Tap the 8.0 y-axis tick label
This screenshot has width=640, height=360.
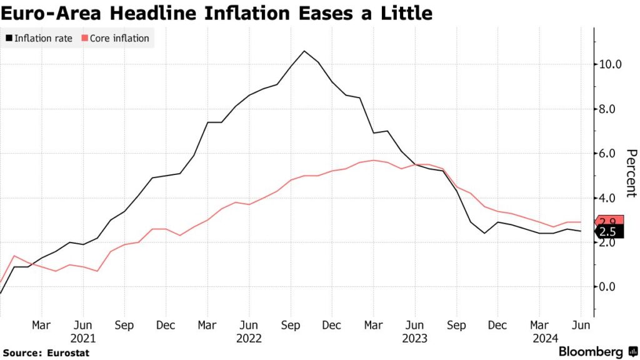click(x=606, y=109)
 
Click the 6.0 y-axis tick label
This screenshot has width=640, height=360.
click(x=606, y=153)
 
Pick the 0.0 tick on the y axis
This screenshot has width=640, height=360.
click(x=606, y=287)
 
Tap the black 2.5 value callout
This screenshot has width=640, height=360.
click(x=606, y=232)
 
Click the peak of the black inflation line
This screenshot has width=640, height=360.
click(x=304, y=51)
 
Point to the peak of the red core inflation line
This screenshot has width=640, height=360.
click(x=374, y=160)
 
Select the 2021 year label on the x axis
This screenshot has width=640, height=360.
click(x=82, y=338)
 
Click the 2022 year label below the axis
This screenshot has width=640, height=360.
click(x=249, y=338)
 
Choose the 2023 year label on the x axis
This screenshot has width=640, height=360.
click(x=414, y=338)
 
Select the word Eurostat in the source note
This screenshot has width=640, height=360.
click(x=68, y=353)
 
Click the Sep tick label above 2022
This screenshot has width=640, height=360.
click(x=290, y=325)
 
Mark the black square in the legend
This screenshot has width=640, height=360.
click(x=9, y=39)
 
